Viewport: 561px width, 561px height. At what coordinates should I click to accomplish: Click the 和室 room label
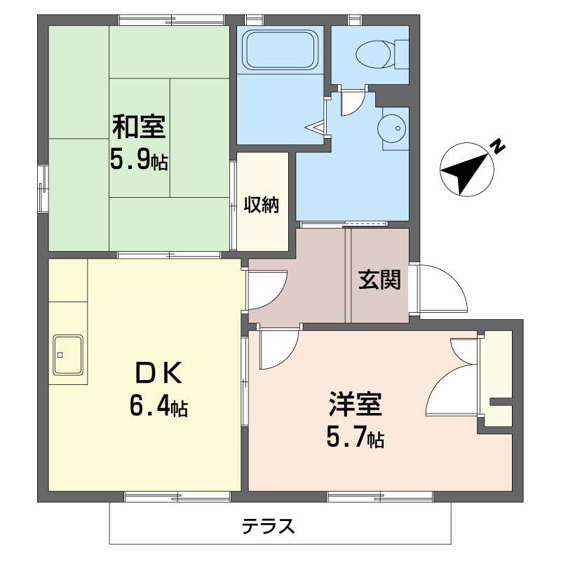139,126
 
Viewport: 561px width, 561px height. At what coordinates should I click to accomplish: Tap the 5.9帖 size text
139,160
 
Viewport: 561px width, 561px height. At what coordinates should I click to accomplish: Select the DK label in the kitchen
158,373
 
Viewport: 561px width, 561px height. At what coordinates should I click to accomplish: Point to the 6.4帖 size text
158,407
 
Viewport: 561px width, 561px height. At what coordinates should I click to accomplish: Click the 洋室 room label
356,405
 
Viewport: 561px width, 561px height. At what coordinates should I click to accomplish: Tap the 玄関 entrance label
379,279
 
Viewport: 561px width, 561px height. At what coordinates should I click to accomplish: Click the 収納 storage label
262,205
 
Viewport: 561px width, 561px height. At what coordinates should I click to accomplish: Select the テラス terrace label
269,527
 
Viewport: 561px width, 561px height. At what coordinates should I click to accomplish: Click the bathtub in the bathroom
280,50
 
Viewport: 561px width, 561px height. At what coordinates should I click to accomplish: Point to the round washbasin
391,128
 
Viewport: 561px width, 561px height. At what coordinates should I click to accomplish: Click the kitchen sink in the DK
68,355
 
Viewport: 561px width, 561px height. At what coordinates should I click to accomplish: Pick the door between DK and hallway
268,290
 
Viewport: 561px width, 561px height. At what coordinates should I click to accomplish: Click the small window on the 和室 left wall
43,189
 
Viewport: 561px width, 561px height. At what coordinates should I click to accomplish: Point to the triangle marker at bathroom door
315,128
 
